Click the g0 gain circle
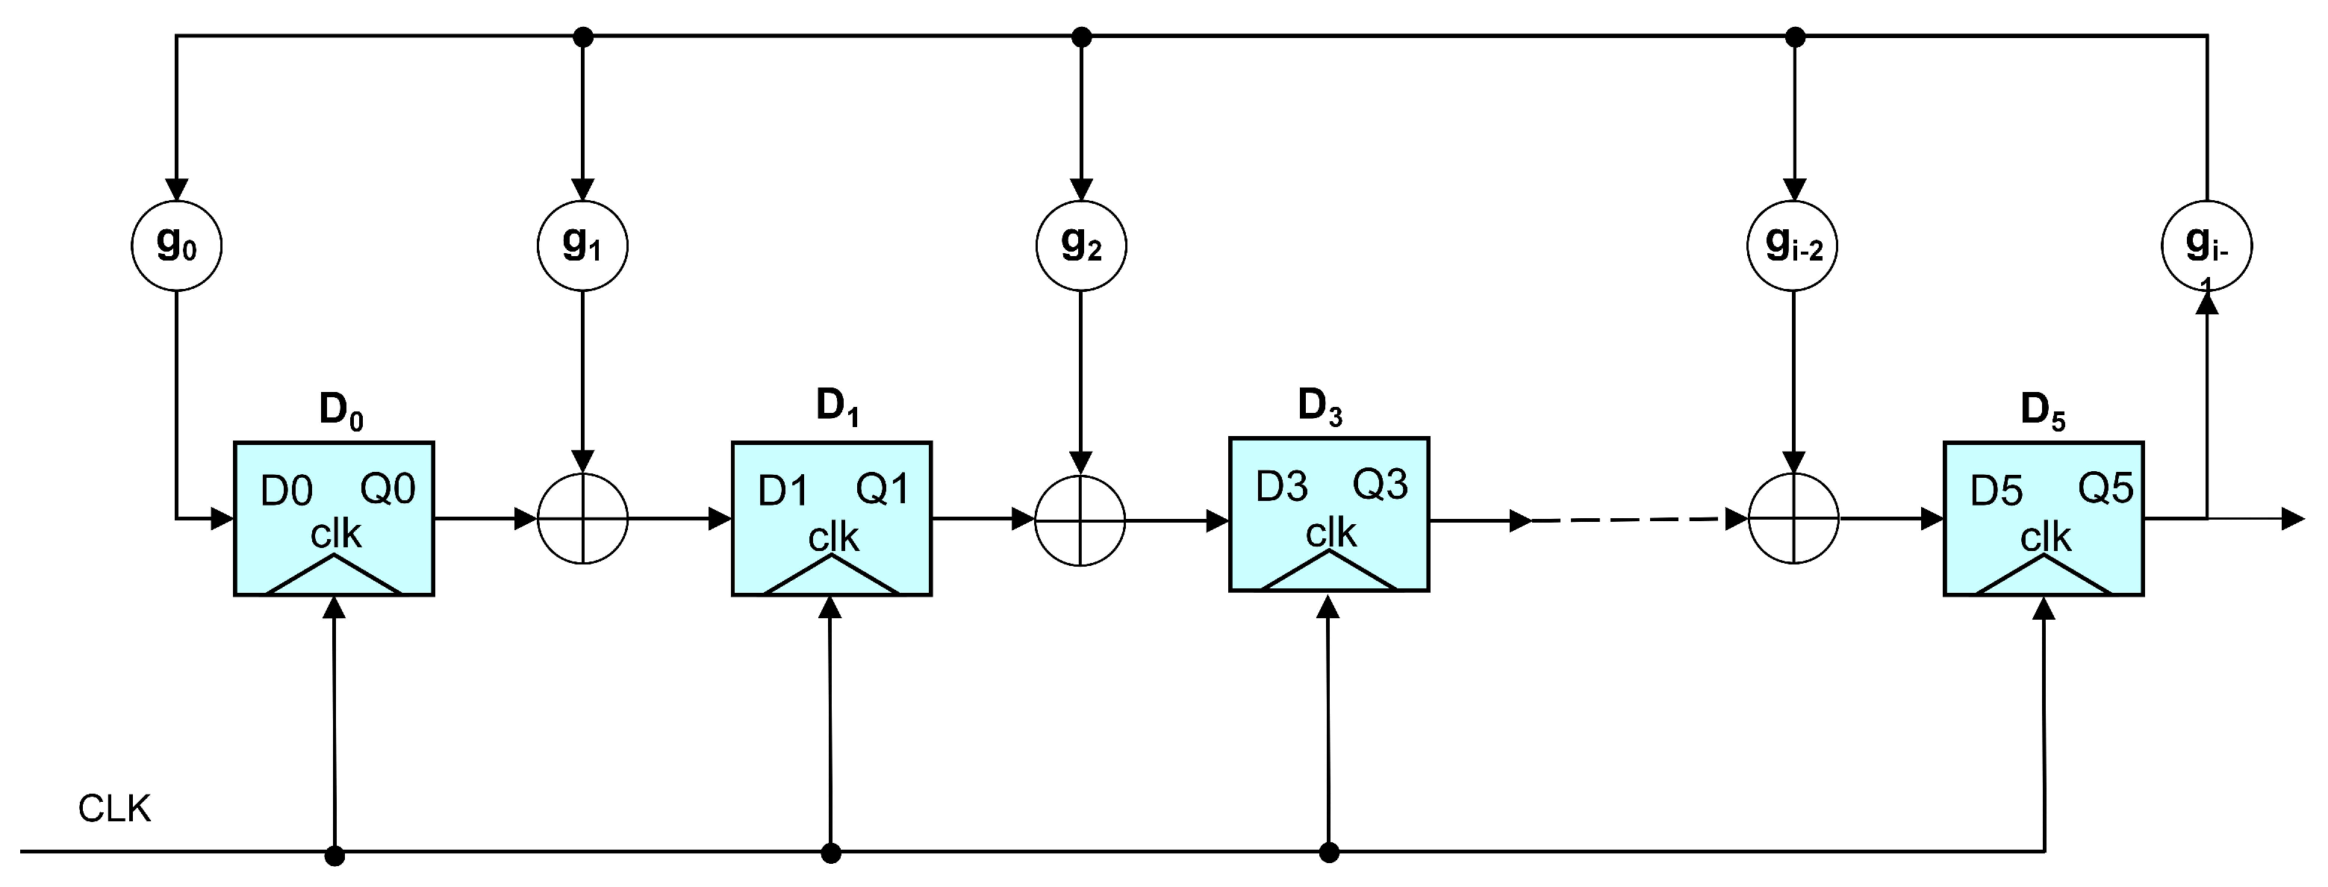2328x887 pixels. pyautogui.click(x=176, y=245)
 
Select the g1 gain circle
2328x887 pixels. pyautogui.click(x=583, y=245)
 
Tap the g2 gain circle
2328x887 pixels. pyautogui.click(x=1081, y=245)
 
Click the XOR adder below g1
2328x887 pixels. pyautogui.click(x=583, y=519)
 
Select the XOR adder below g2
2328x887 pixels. pyautogui.click(x=1080, y=521)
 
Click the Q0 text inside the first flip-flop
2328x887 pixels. pyautogui.click(x=388, y=489)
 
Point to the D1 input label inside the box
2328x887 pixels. pyautogui.click(x=782, y=491)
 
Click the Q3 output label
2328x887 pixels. pyautogui.click(x=1380, y=485)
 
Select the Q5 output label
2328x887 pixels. pyautogui.click(x=2105, y=489)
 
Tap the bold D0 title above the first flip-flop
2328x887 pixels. pyautogui.click(x=340, y=411)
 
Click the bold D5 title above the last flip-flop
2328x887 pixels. pyautogui.click(x=2043, y=411)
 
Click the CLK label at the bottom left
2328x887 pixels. pyautogui.click(x=114, y=809)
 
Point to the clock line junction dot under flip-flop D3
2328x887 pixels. pyautogui.click(x=1328, y=853)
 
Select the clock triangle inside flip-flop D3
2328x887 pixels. pyautogui.click(x=1328, y=573)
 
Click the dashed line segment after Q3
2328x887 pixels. pyautogui.click(x=1627, y=520)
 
